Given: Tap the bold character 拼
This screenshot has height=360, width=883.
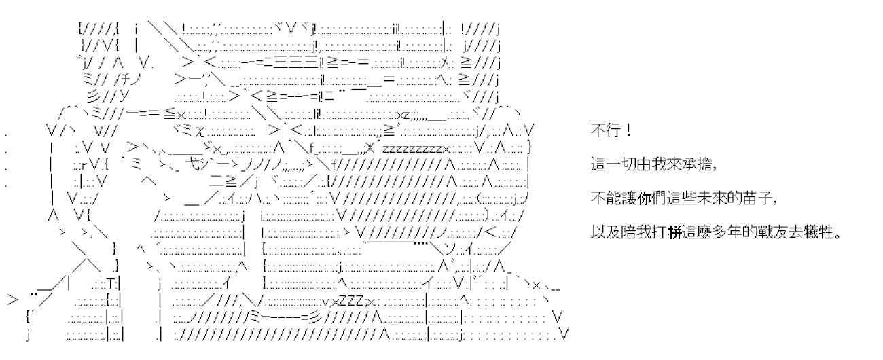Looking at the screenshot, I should (676, 233).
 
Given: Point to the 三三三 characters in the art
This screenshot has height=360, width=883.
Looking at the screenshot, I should (294, 63).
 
